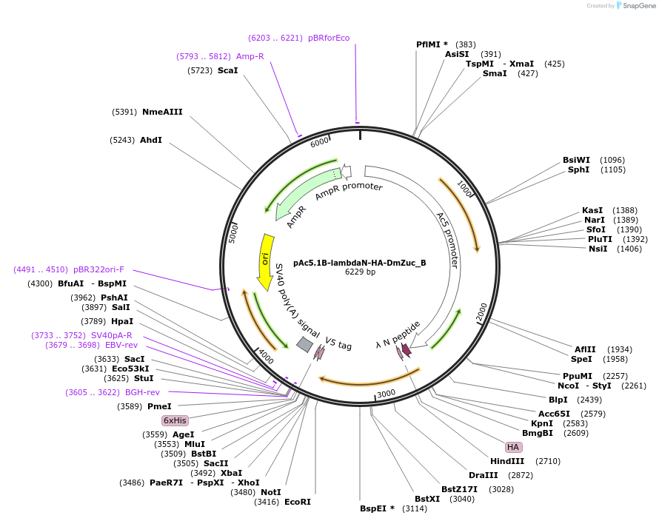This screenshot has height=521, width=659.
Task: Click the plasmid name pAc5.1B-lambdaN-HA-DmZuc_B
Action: tap(360, 262)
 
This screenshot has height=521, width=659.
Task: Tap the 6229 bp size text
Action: tap(360, 272)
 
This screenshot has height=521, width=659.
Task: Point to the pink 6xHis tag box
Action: tap(175, 420)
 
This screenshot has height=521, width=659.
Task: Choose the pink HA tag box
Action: tap(513, 447)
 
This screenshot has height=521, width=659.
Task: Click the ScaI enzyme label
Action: tap(227, 70)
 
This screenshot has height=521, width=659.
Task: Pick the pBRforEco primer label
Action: tap(329, 38)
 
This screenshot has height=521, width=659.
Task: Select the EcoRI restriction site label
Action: tap(298, 502)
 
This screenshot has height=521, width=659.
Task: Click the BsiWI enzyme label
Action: tap(576, 160)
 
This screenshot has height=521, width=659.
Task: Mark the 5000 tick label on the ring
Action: tap(233, 232)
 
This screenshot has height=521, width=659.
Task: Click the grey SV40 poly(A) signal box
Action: tap(304, 344)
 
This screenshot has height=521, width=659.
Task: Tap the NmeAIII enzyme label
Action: tap(162, 112)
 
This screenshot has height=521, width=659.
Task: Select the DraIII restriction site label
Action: tap(483, 474)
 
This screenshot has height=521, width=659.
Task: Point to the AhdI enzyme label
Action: tap(151, 140)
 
